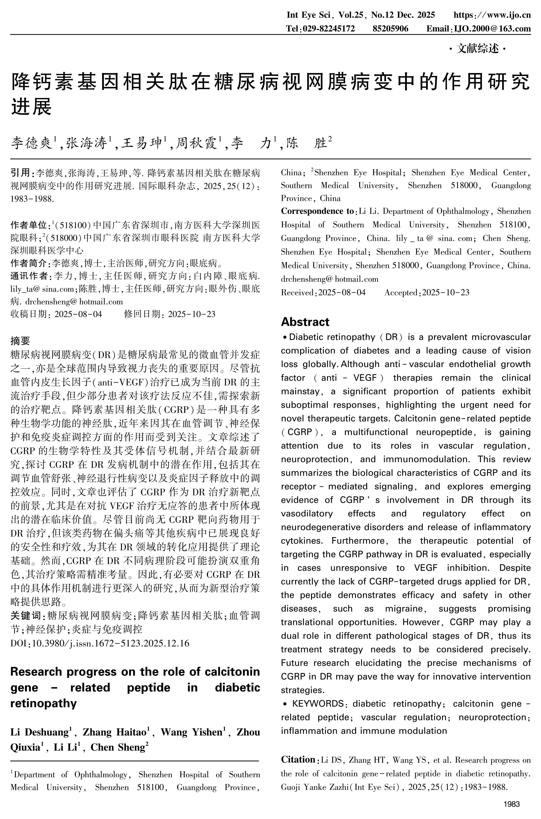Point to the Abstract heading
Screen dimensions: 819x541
pyautogui.click(x=305, y=322)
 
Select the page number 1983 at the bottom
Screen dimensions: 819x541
pyautogui.click(x=511, y=804)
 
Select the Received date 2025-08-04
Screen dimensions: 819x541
pyautogui.click(x=342, y=292)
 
